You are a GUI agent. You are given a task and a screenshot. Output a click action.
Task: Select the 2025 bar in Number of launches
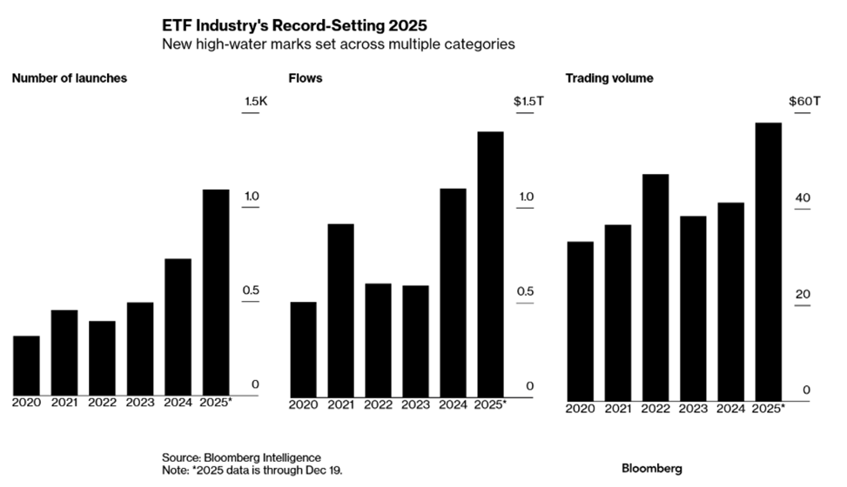(x=216, y=292)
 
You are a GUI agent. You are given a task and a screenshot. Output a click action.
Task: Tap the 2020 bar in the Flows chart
(x=303, y=349)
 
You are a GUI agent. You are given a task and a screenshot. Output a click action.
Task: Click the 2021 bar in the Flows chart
(x=340, y=310)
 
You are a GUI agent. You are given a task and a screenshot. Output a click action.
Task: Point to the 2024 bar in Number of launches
(x=178, y=327)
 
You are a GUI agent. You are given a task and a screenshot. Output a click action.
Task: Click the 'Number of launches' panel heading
(x=70, y=78)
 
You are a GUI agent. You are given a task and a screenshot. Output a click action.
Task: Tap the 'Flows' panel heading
(x=306, y=78)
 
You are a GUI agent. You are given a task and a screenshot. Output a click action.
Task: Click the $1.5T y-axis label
(x=528, y=102)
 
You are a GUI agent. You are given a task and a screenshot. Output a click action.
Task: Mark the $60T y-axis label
(x=803, y=102)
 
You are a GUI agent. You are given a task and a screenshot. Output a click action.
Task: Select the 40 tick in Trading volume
(x=802, y=198)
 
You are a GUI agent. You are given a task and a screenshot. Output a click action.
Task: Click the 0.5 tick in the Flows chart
(x=525, y=290)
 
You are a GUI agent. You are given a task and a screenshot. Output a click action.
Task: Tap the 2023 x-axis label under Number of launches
(x=139, y=403)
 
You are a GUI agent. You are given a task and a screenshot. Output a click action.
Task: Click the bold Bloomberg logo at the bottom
(x=652, y=469)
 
